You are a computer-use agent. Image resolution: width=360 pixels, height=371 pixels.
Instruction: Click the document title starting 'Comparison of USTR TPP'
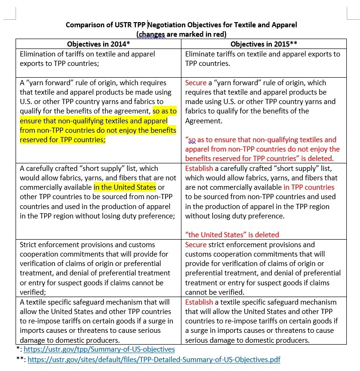(x=181, y=24)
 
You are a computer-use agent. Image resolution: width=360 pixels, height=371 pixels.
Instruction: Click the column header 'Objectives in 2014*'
(x=98, y=44)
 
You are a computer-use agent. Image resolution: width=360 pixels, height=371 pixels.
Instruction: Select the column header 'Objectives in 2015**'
(x=263, y=44)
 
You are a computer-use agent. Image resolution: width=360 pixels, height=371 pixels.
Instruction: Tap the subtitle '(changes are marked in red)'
(x=181, y=34)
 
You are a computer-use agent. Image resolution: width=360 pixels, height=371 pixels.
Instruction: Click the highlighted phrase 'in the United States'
(x=125, y=187)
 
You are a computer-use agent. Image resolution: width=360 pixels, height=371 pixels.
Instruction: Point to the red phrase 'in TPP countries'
(x=309, y=187)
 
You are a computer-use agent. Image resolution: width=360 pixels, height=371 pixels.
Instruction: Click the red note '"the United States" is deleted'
(x=232, y=234)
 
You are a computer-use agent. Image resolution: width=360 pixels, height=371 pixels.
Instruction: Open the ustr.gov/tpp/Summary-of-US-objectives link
(x=99, y=349)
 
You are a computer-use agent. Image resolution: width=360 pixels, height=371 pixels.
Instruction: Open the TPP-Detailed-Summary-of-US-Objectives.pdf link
(x=154, y=359)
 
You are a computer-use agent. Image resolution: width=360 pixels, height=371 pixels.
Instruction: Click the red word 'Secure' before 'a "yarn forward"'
(x=196, y=82)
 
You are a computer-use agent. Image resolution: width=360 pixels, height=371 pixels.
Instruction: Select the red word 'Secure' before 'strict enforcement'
(x=196, y=244)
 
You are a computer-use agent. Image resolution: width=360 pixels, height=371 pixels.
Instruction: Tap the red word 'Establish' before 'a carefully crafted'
(x=199, y=168)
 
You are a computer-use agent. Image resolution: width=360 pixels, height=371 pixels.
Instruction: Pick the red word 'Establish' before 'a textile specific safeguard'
(x=199, y=302)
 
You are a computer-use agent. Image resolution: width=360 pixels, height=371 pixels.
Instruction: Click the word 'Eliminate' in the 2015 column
(x=201, y=54)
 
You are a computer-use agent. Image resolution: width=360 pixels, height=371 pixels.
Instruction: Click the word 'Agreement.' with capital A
(x=204, y=121)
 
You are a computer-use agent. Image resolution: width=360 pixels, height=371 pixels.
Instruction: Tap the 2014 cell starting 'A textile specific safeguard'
(x=98, y=321)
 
